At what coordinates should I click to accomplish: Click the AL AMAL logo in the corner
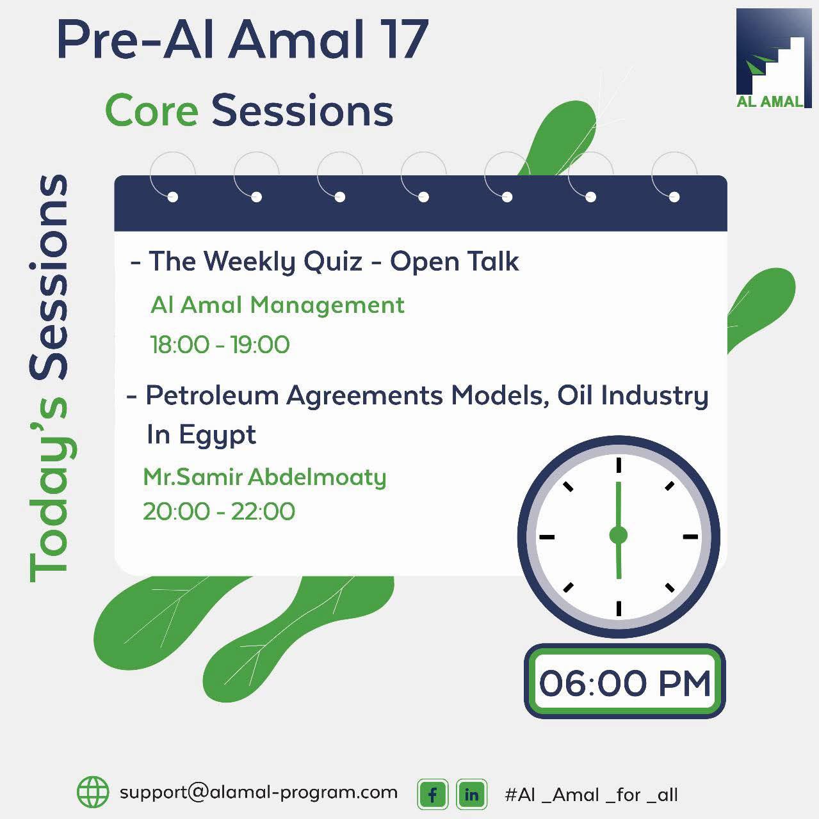click(773, 58)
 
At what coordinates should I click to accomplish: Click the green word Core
click(152, 111)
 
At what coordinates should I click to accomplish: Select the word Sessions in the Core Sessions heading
click(302, 111)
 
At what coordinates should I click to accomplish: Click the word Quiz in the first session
click(333, 262)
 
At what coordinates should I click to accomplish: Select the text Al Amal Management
click(277, 305)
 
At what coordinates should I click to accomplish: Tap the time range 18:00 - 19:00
click(220, 345)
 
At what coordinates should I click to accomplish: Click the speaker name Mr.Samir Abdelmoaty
click(264, 477)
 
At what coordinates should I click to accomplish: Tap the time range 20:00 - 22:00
click(218, 512)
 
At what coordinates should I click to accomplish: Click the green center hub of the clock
click(618, 535)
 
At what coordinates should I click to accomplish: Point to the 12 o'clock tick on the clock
click(619, 465)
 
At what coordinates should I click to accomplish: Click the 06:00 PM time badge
click(624, 682)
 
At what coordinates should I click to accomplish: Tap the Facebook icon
click(433, 795)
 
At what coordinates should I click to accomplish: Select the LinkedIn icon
click(471, 795)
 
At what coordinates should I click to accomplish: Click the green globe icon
click(93, 792)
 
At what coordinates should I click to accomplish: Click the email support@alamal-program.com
click(259, 792)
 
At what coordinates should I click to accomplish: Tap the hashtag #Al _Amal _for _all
click(591, 795)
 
